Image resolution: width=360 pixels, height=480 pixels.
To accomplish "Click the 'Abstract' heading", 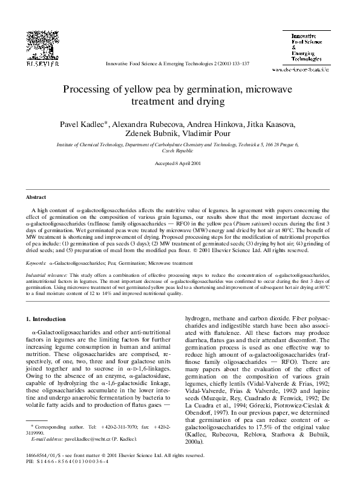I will [36, 198].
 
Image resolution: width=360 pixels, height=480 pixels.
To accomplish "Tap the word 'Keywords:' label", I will [35, 264].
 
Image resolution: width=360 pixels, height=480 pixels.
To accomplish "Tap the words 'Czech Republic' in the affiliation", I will [179, 151].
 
